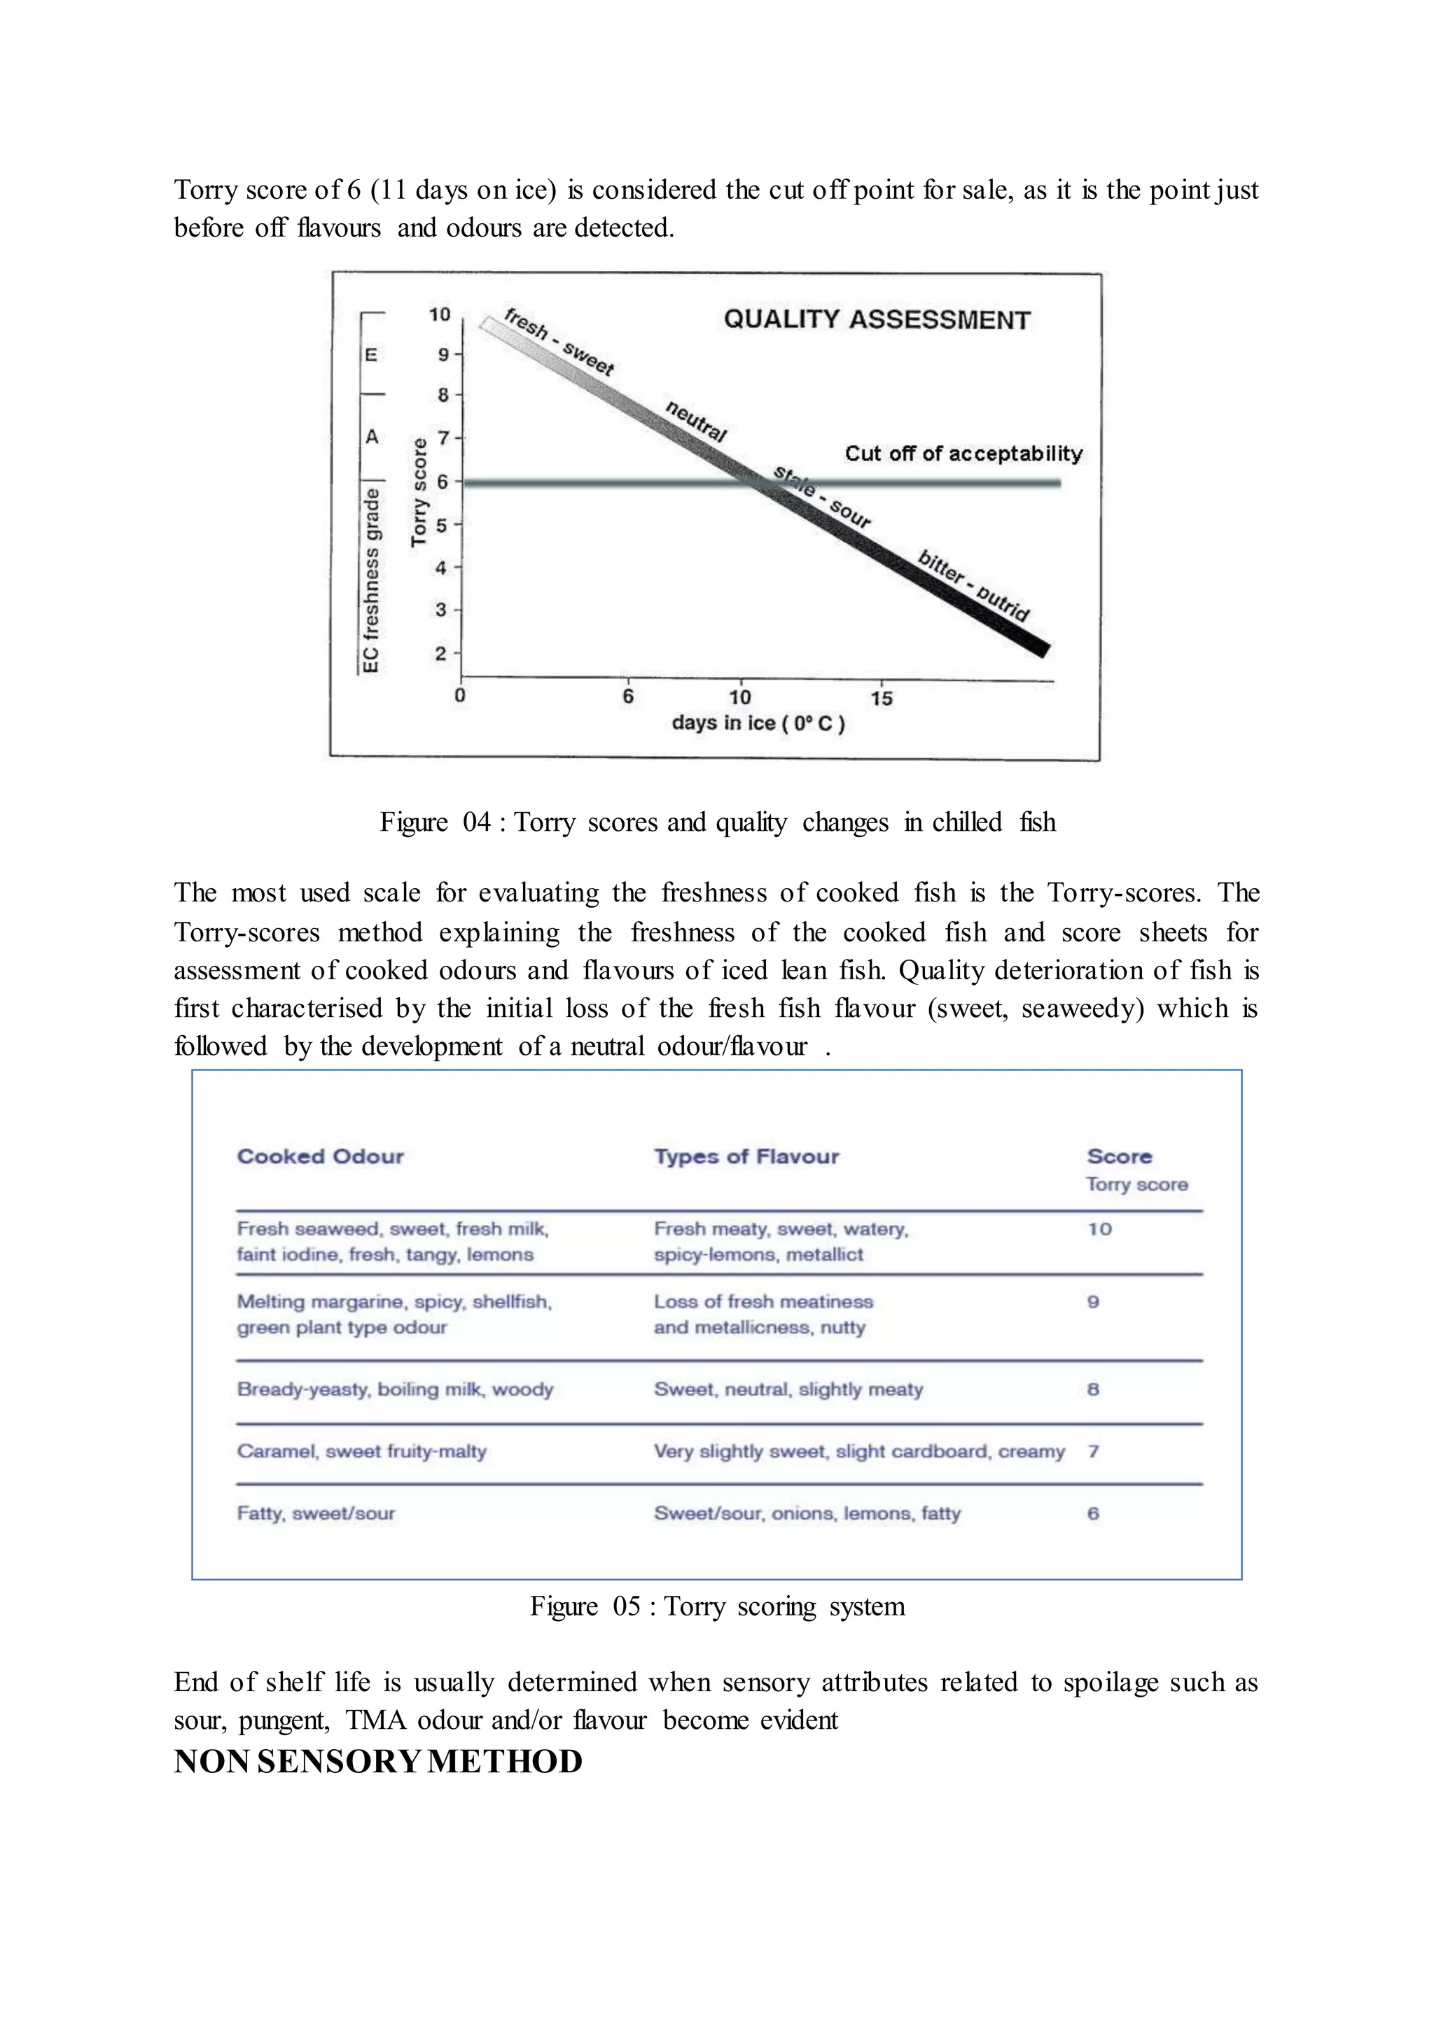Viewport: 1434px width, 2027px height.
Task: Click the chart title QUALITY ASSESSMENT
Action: pos(876,320)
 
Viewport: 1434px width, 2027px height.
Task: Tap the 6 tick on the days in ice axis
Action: pos(628,696)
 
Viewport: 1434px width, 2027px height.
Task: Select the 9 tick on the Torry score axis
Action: pos(444,355)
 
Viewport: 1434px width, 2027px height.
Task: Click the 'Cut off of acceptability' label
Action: pos(963,454)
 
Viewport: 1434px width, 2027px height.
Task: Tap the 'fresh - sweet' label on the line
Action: pos(558,342)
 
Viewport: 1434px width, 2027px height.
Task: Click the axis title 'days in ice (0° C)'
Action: pos(758,723)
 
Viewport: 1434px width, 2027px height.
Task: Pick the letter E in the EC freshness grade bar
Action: pos(372,355)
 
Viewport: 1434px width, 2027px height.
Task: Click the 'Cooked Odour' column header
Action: pos(320,1156)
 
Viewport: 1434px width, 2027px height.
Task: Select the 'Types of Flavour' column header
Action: pos(746,1156)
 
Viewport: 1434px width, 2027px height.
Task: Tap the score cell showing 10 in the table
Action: pos(1099,1229)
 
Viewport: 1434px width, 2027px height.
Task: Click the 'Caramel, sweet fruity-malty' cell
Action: pos(361,1452)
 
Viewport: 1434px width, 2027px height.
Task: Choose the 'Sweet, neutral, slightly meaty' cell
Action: pos(788,1389)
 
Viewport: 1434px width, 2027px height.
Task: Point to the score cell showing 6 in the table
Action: pos(1093,1513)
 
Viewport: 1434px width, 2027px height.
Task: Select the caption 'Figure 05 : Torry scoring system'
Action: pos(717,1606)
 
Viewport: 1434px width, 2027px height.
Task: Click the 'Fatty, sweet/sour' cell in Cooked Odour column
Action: pos(315,1513)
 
